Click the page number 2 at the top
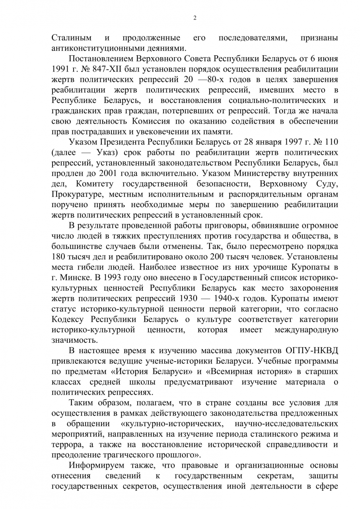[x=195, y=18]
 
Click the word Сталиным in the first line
[x=72, y=39]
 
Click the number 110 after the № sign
[x=332, y=142]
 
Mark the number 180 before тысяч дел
[x=59, y=257]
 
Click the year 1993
[x=114, y=278]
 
